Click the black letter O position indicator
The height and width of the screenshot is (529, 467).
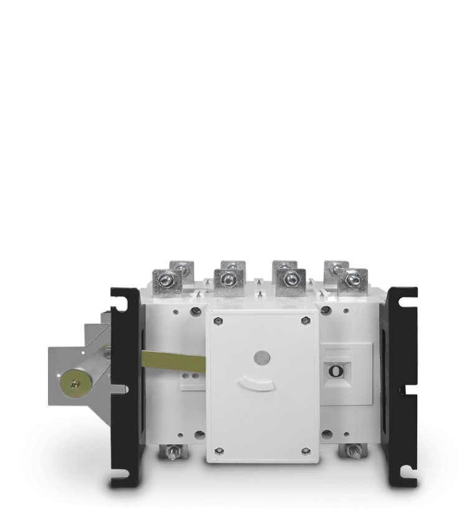336,370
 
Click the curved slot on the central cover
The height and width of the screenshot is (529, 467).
257,384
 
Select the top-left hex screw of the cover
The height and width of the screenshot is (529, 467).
218,321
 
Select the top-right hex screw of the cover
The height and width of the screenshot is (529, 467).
305,319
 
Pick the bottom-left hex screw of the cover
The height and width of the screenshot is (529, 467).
219,450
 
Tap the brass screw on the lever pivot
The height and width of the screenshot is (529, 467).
75,383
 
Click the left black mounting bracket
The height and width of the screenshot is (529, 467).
126,386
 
